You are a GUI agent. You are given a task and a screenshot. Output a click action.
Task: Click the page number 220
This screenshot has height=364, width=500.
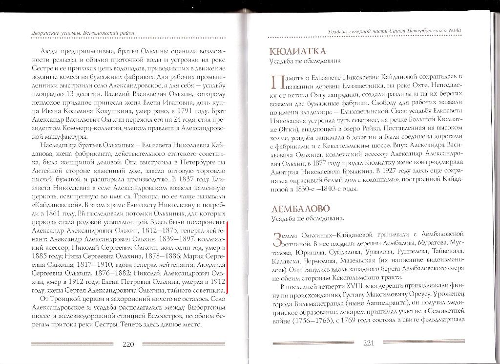(x=128, y=344)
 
